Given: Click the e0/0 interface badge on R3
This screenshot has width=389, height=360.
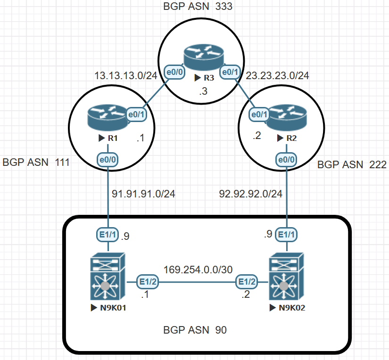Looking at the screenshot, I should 174,72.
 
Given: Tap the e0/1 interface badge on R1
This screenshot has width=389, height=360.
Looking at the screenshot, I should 136,114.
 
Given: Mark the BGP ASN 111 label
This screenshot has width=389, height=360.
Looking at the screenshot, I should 36,163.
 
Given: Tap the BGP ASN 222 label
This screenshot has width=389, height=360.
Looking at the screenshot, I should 352,164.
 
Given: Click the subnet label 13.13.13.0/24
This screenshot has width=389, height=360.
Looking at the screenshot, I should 125,75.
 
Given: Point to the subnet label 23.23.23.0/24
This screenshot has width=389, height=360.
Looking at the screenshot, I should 278,75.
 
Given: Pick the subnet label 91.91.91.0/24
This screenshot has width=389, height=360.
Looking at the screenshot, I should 143,194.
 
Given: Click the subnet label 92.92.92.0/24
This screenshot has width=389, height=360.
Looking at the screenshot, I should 251,194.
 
